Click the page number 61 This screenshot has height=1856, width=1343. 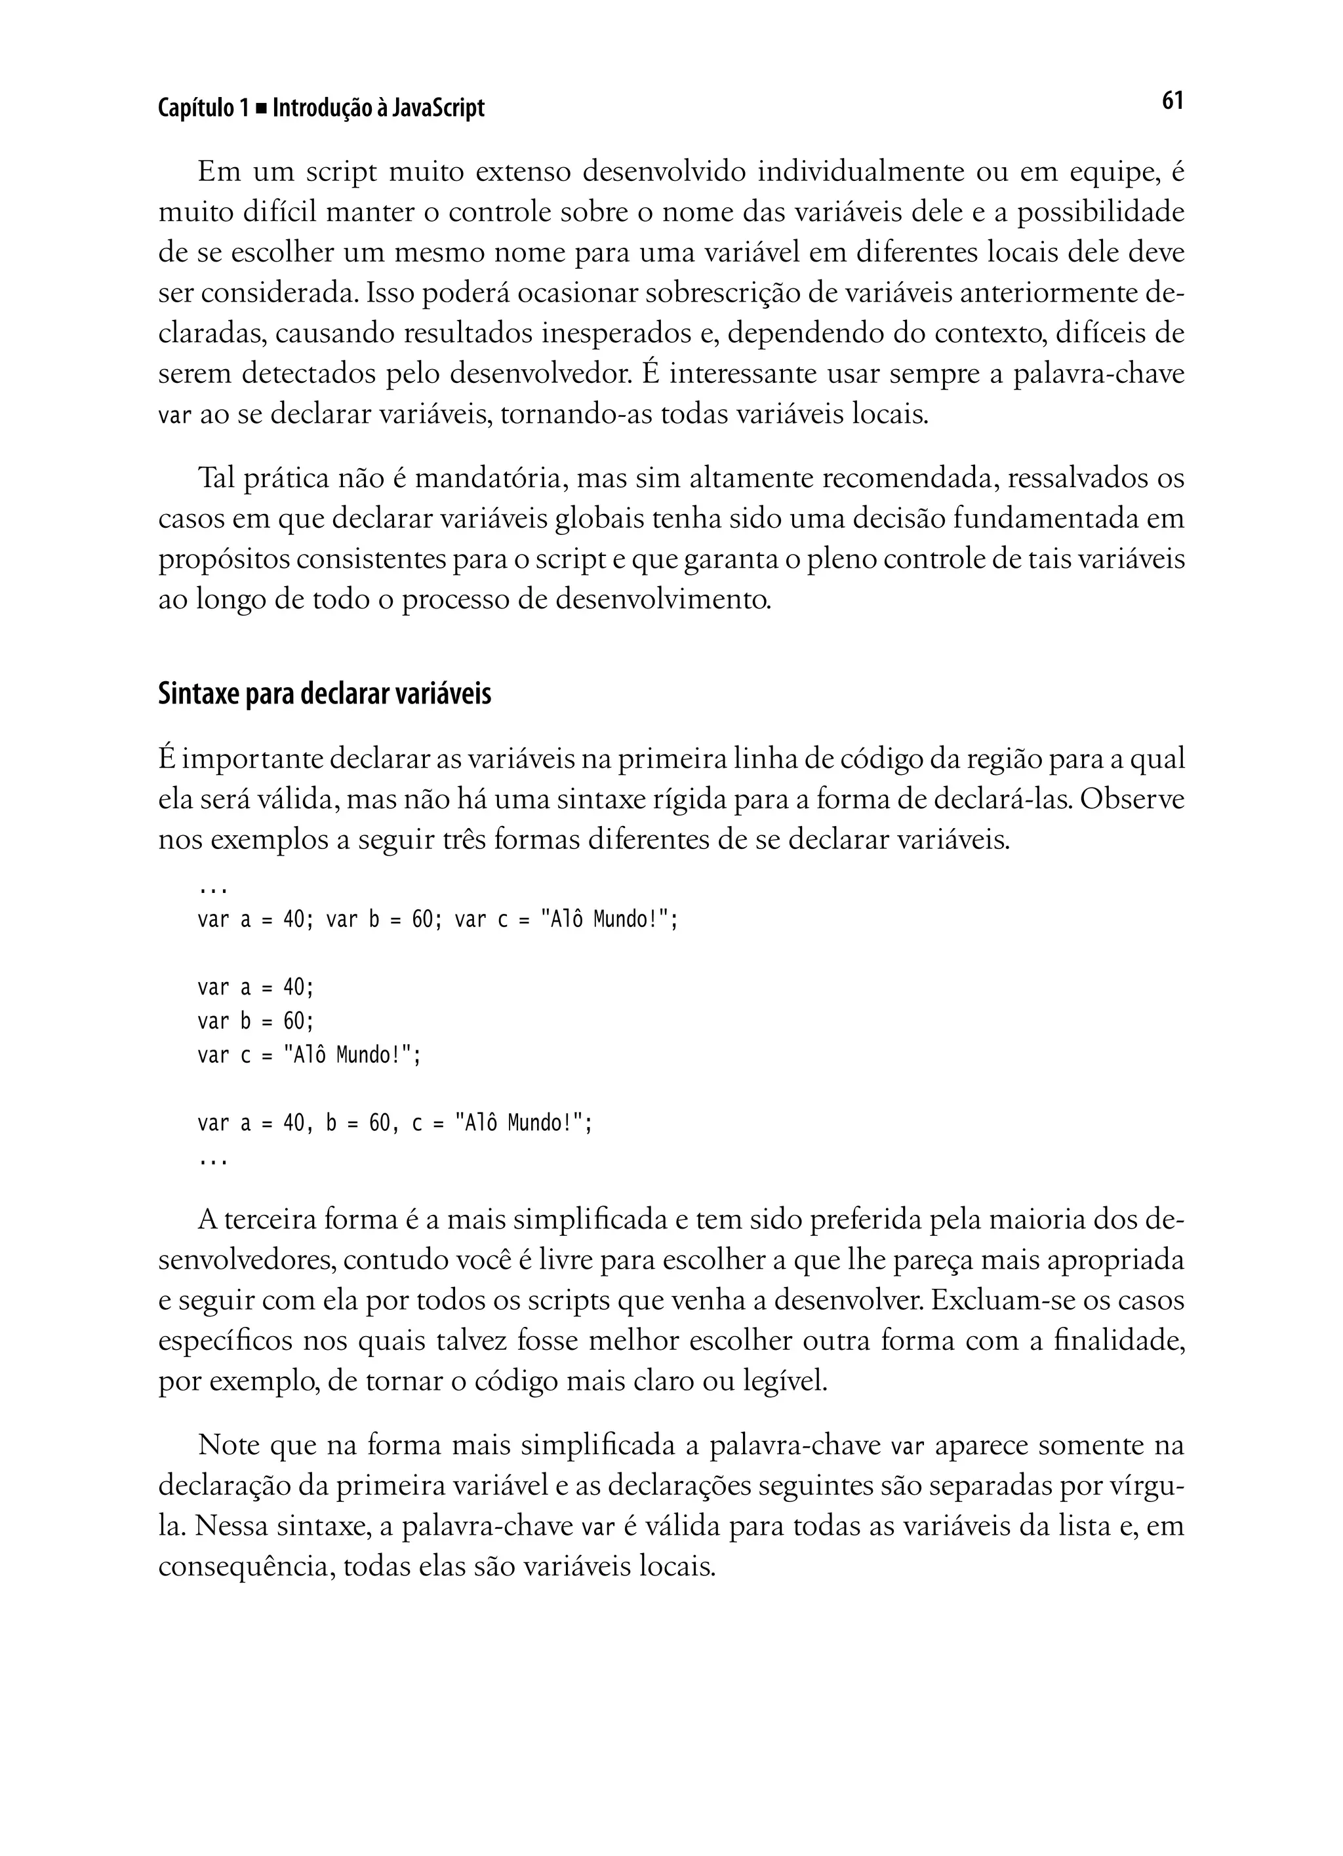[1172, 101]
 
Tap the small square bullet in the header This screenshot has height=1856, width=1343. [261, 109]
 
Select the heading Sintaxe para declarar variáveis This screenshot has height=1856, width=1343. [324, 694]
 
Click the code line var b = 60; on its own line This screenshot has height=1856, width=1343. [255, 1021]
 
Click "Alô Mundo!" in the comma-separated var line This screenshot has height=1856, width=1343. [521, 1123]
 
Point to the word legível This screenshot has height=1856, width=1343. [786, 1381]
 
